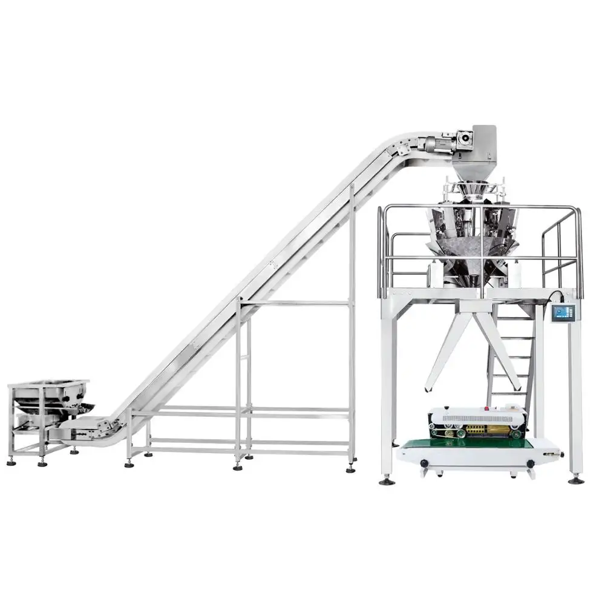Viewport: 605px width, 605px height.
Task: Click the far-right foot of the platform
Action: coord(575,480)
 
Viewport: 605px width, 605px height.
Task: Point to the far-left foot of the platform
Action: coord(385,482)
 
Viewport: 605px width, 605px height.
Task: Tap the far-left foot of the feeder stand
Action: coord(11,462)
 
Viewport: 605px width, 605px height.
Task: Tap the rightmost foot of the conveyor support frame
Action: coord(351,469)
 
